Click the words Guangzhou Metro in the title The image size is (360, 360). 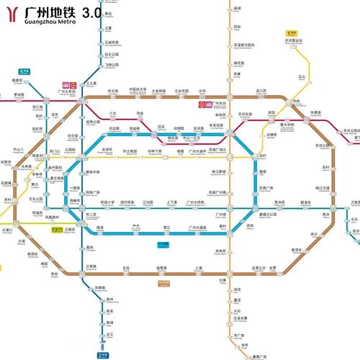coord(51,22)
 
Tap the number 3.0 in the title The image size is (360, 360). coord(92,12)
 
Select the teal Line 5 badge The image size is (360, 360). coord(24,71)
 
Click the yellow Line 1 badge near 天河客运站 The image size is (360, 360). coord(291,32)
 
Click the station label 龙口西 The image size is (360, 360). coord(261,91)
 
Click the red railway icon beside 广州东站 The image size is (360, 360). coord(202,104)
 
